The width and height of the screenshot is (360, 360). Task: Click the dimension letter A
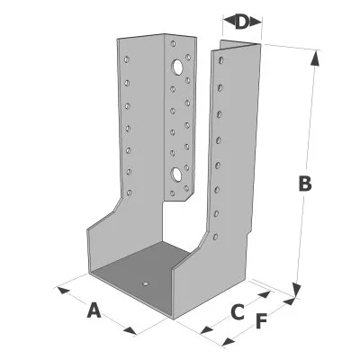[x=94, y=310]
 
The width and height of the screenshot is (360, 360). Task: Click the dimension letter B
[x=305, y=184]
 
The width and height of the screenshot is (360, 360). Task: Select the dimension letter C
[x=238, y=312]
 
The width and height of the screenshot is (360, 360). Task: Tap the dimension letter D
[x=242, y=22]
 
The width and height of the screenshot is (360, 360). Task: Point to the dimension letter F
[x=261, y=321]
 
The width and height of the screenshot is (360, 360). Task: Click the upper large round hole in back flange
[x=177, y=67]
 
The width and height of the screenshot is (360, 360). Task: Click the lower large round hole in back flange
[x=176, y=175]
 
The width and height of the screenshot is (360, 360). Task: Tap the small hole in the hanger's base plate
[x=145, y=283]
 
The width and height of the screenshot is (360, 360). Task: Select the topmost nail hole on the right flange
[x=221, y=60]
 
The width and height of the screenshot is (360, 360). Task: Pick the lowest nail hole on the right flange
[x=215, y=237]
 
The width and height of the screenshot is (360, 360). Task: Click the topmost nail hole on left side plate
[x=127, y=59]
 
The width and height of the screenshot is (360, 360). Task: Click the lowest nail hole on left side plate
[x=130, y=193]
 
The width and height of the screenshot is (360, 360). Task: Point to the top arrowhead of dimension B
[x=315, y=58]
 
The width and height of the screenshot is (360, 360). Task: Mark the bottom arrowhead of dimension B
[x=296, y=290]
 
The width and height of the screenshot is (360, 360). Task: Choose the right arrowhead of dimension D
[x=256, y=22]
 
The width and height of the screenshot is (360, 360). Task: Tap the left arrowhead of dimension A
[x=63, y=291]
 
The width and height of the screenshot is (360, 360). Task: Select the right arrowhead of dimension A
[x=130, y=330]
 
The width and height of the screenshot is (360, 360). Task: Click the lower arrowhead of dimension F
[x=229, y=342]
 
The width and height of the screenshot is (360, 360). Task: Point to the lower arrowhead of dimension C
[x=207, y=330]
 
